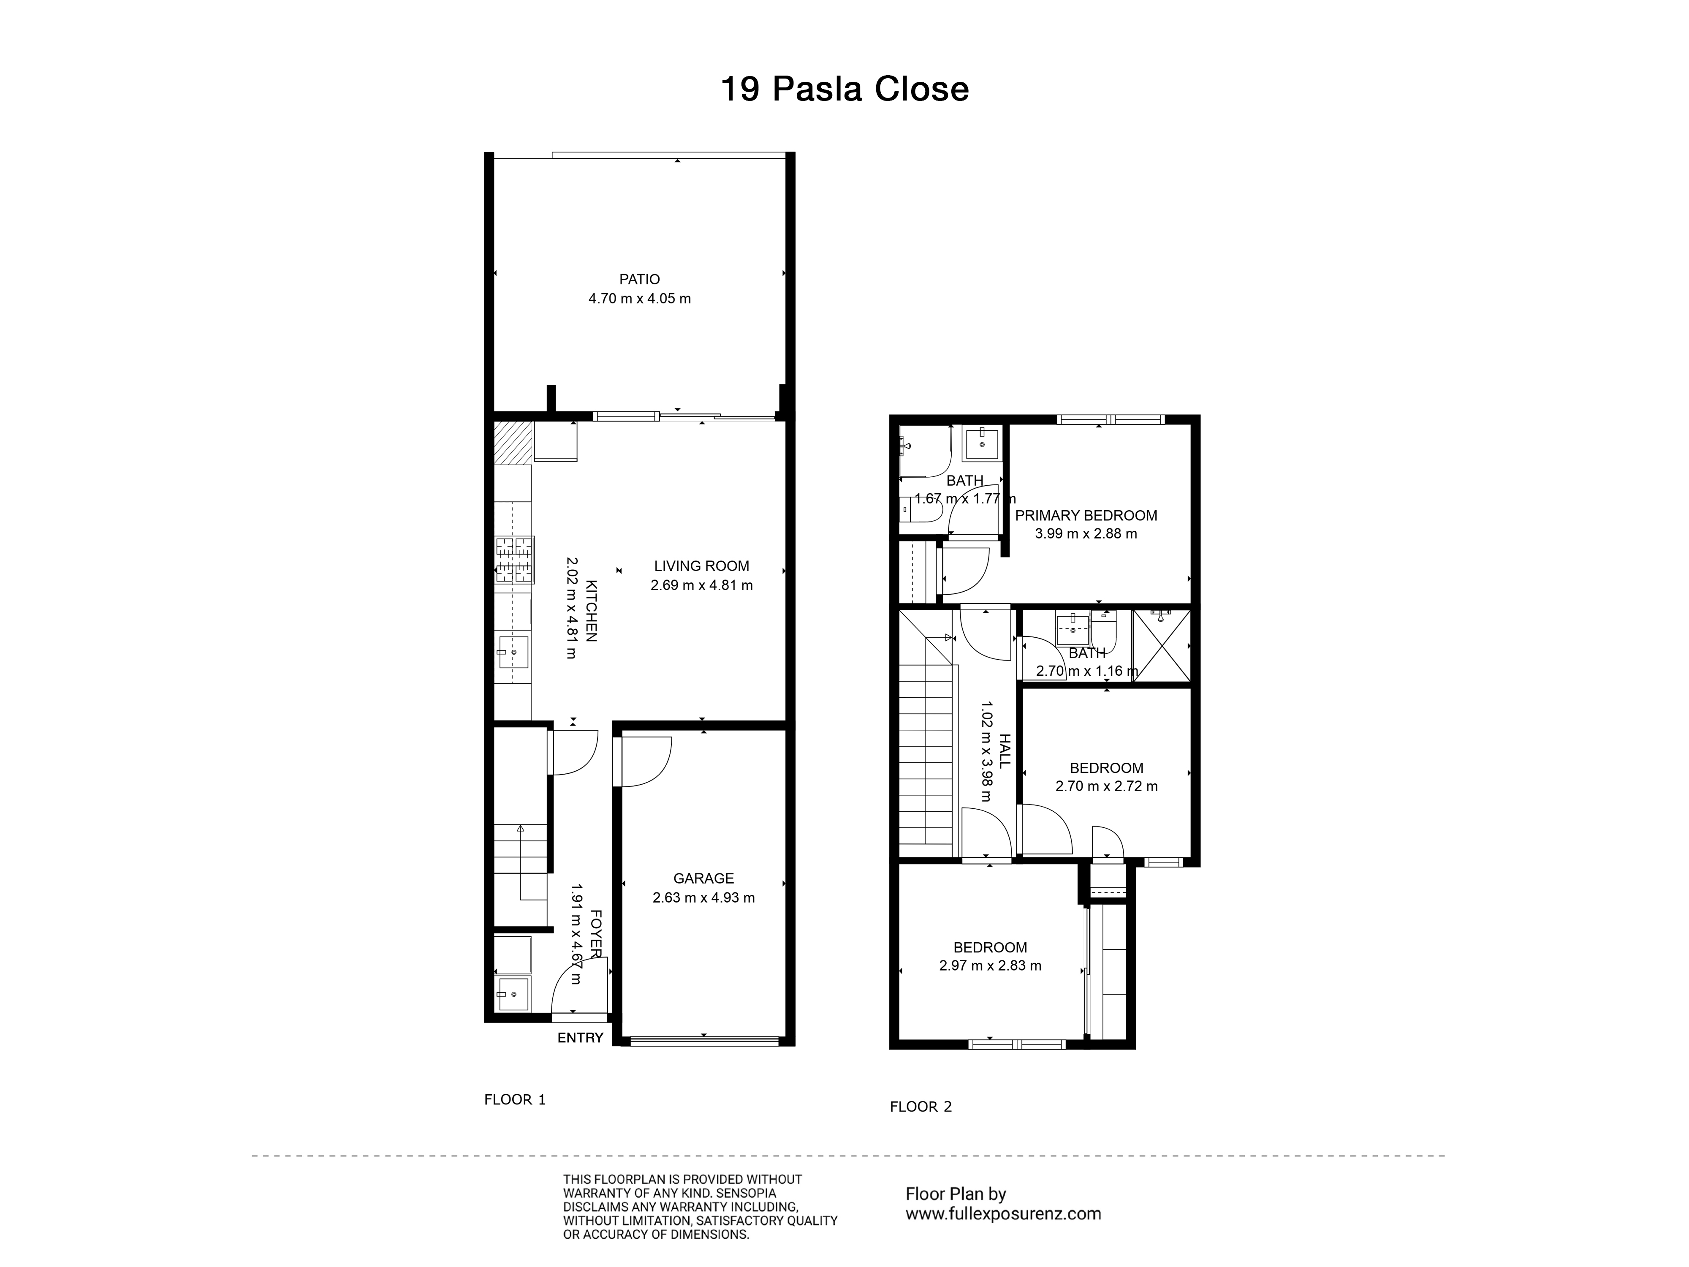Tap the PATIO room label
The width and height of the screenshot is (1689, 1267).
(x=639, y=280)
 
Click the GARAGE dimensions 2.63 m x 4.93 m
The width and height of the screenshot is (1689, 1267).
(x=703, y=897)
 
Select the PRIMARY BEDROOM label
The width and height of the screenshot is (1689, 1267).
(x=1086, y=516)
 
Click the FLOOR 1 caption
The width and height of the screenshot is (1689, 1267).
(x=515, y=1100)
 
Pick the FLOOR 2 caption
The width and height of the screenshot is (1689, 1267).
(x=921, y=1107)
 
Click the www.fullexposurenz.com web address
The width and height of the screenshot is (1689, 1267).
(x=1003, y=1213)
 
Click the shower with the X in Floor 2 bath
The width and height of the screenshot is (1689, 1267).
(x=1161, y=645)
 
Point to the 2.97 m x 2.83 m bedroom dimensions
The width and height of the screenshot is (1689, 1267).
(x=990, y=965)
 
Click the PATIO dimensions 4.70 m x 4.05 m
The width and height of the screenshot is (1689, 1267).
(x=639, y=299)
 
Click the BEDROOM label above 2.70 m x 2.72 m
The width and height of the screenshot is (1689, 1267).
(x=1106, y=768)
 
